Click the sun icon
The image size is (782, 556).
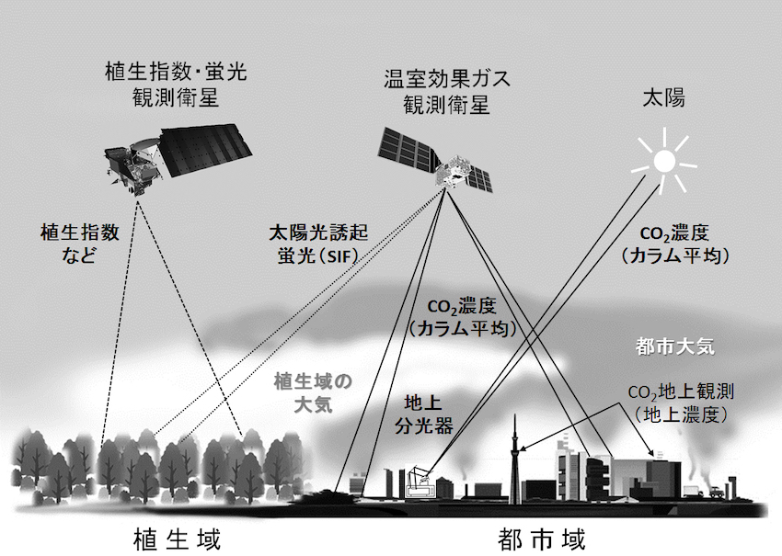[664, 161]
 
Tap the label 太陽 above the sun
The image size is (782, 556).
[663, 98]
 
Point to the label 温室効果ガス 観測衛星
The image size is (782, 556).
[447, 92]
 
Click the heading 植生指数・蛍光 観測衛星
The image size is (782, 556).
[176, 85]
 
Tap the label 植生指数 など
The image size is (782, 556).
[80, 244]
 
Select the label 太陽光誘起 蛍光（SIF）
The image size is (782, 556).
[318, 244]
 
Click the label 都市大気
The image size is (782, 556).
[675, 346]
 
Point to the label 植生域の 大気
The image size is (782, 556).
[313, 393]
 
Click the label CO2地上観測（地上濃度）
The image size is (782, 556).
[681, 403]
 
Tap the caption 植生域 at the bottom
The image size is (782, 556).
[177, 539]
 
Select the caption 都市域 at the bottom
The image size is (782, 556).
[541, 539]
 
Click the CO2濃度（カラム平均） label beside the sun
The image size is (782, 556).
[675, 244]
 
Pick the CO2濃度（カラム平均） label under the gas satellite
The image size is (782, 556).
[461, 318]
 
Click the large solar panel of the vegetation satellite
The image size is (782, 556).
[205, 150]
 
